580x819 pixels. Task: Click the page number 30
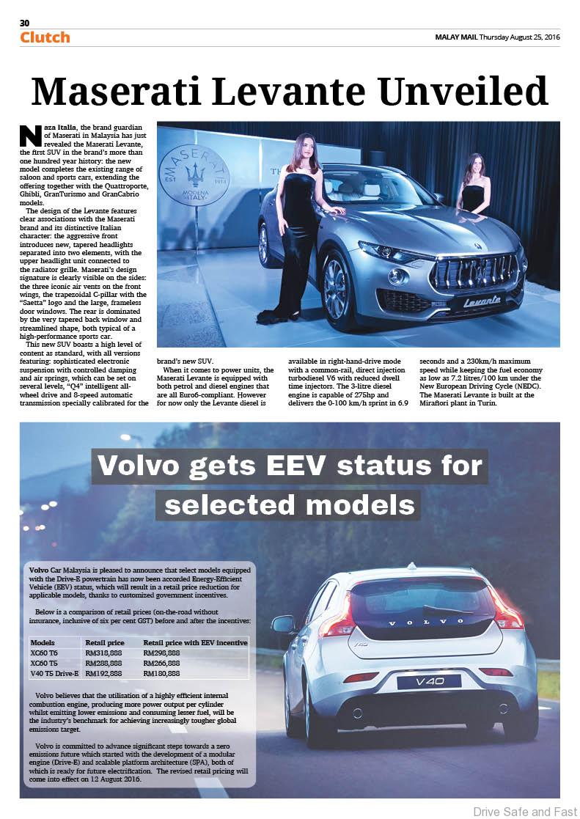point(24,23)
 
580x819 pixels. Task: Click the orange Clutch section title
point(45,37)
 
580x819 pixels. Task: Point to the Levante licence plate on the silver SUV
point(482,301)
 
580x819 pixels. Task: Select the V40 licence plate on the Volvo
point(428,681)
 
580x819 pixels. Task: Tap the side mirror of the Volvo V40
point(282,625)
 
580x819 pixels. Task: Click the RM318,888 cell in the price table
point(103,653)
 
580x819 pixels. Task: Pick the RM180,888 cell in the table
point(161,672)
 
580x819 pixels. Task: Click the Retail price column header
point(103,642)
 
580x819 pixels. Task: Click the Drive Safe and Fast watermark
point(525,811)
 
